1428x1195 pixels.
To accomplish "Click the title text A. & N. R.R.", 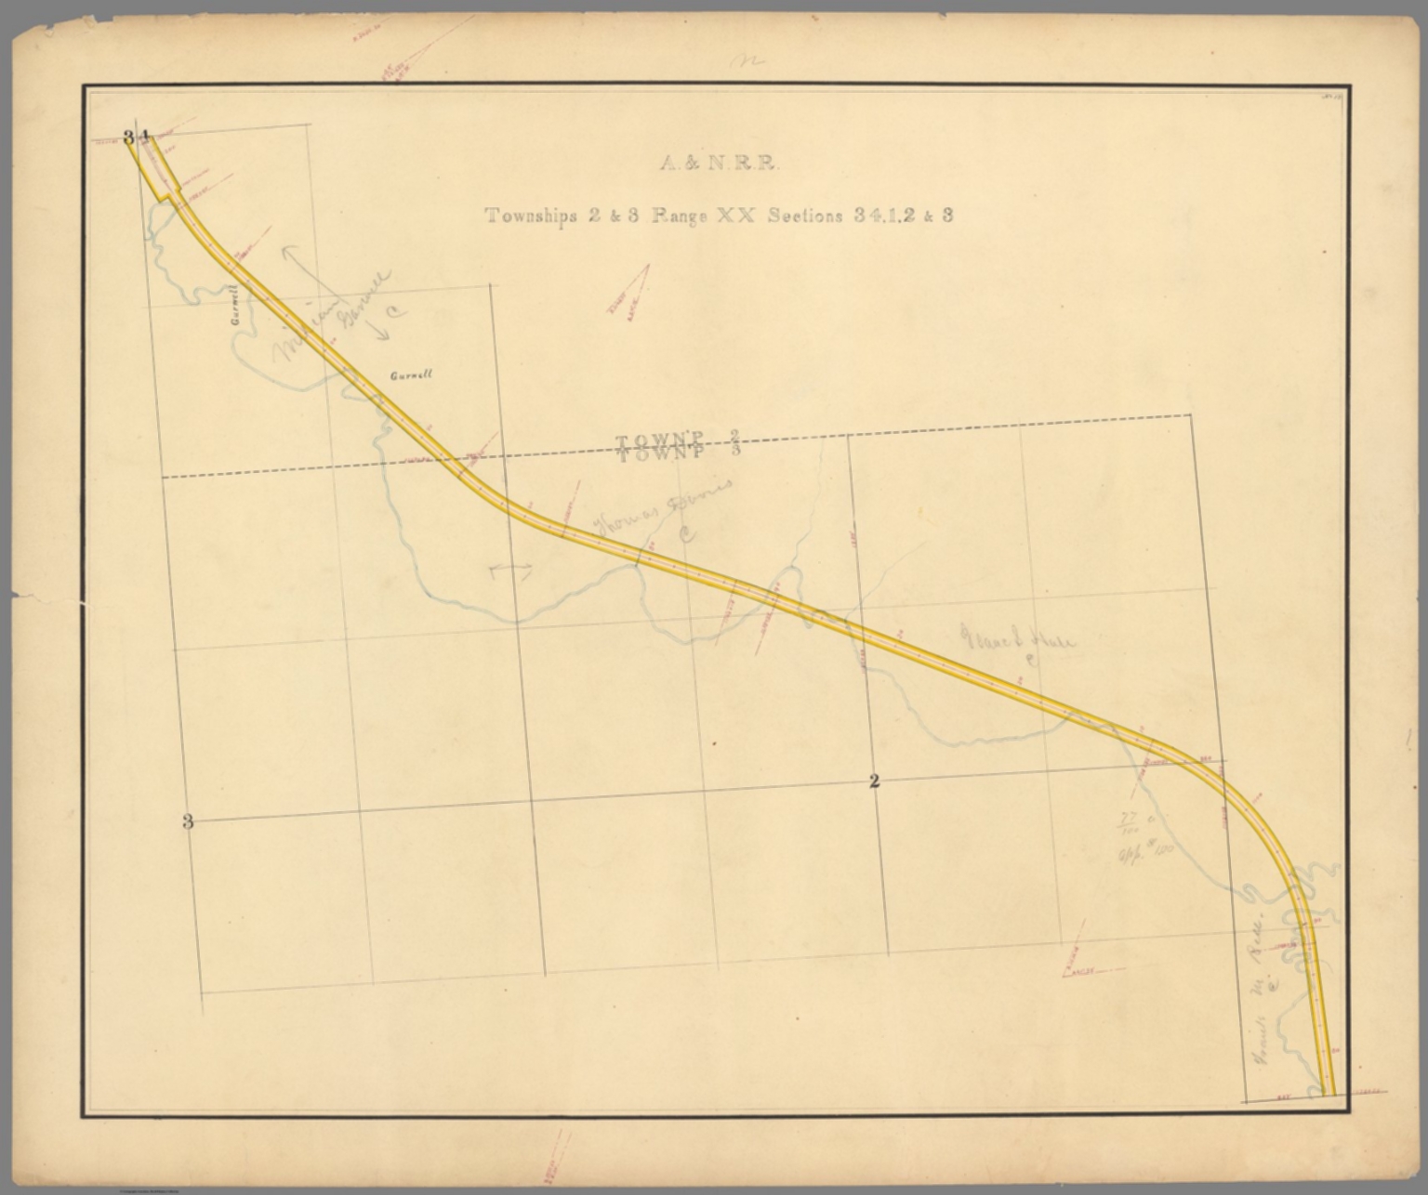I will pyautogui.click(x=718, y=164).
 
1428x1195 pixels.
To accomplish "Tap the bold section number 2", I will pyautogui.click(x=874, y=781).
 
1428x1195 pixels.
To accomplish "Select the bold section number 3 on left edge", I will pyautogui.click(x=188, y=821).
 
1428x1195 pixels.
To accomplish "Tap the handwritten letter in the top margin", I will pyautogui.click(x=747, y=62).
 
